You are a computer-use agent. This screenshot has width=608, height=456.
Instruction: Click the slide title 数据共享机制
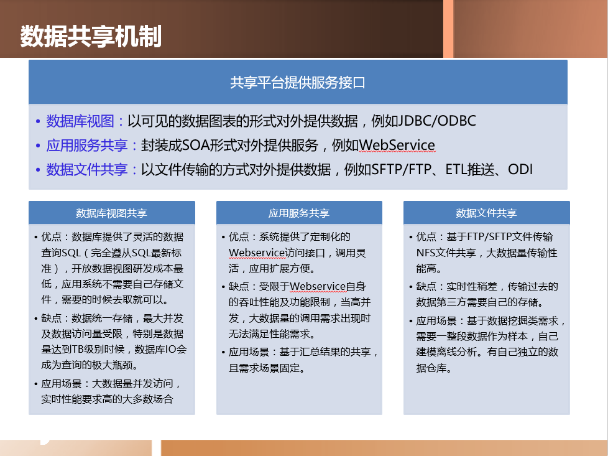click(91, 37)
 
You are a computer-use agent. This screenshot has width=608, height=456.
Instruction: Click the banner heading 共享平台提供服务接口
click(298, 82)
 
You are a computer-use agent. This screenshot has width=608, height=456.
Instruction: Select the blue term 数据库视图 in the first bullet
click(80, 121)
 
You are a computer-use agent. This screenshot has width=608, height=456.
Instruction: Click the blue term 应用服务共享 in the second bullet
click(87, 145)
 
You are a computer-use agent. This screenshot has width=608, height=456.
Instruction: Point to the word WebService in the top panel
click(397, 145)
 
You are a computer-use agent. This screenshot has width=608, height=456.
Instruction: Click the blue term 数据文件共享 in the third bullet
click(87, 170)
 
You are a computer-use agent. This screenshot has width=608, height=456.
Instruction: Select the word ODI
click(520, 170)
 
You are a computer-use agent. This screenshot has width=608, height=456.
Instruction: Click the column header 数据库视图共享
click(111, 213)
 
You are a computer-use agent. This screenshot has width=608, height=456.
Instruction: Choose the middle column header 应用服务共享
click(299, 213)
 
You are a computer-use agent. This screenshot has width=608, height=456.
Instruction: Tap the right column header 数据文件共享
click(486, 213)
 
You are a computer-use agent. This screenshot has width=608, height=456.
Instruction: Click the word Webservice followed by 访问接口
click(257, 253)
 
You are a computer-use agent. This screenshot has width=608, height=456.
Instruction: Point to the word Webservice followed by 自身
click(318, 286)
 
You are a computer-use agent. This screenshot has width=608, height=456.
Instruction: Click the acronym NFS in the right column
click(425, 253)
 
